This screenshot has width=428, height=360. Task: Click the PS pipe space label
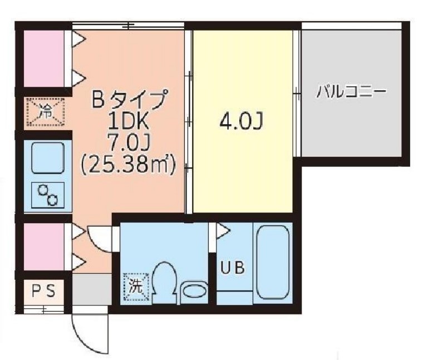point(42,290)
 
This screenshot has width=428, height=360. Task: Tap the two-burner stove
point(48,195)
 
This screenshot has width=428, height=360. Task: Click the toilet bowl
point(165,281)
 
